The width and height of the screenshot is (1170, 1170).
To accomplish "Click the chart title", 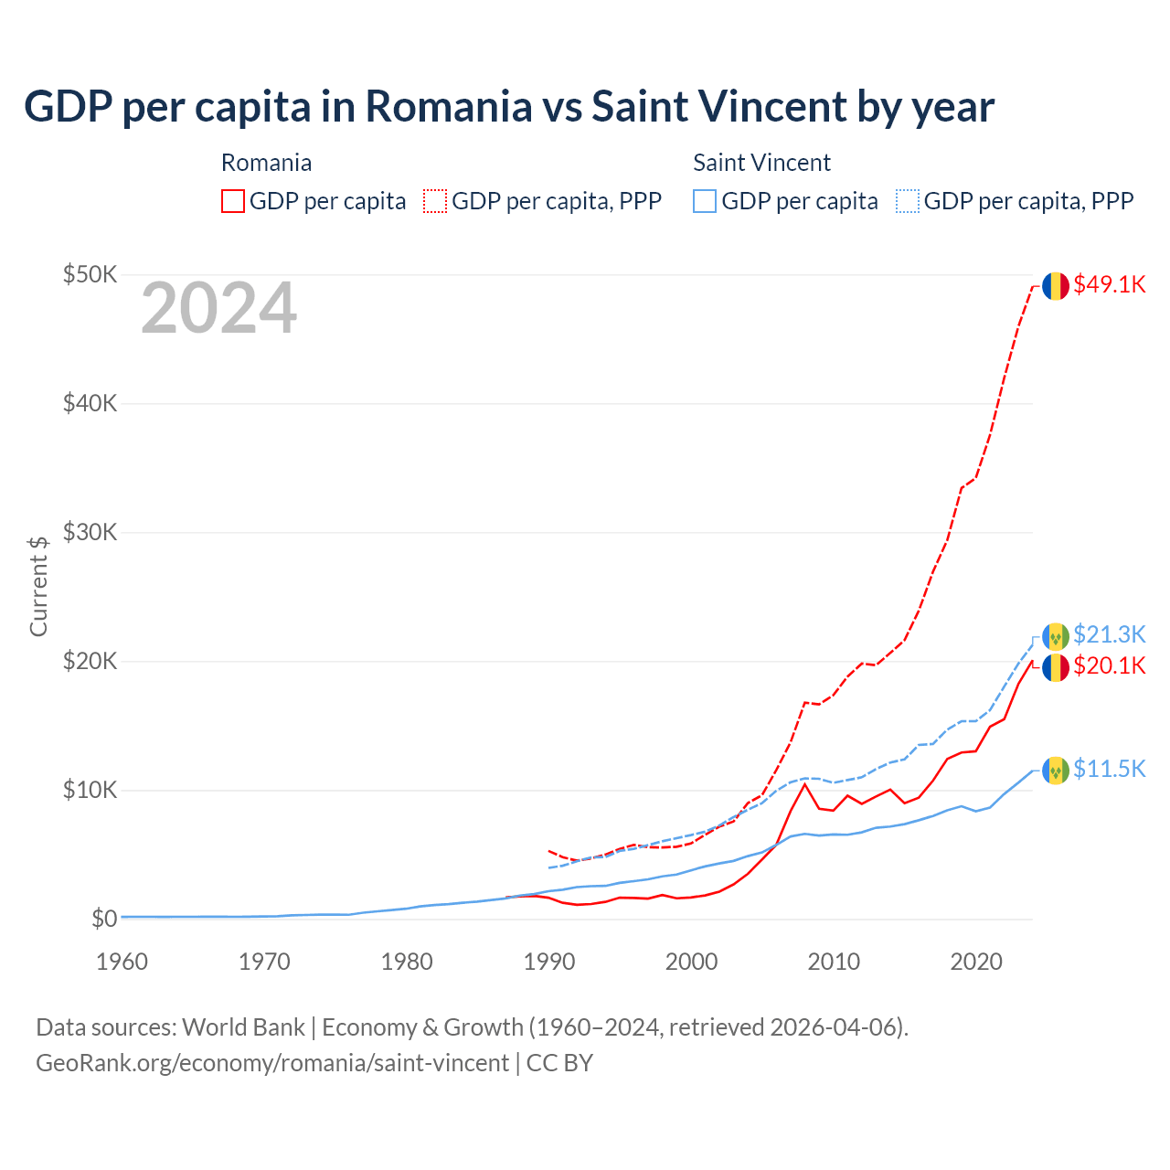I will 509,106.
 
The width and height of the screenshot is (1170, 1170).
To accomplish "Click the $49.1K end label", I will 1109,284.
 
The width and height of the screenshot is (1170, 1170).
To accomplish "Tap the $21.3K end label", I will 1109,634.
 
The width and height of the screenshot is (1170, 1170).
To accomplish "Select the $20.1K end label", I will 1109,665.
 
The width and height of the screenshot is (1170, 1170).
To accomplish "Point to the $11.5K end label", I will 1109,769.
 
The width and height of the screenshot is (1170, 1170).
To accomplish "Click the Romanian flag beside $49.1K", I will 1056,286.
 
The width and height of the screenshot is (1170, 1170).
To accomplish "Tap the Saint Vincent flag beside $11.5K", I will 1056,771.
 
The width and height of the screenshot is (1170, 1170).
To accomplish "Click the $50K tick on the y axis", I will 90,274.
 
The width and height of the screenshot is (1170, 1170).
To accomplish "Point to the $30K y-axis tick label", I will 90,532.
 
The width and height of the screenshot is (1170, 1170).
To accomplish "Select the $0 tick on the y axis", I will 104,919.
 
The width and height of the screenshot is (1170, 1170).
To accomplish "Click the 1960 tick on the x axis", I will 122,962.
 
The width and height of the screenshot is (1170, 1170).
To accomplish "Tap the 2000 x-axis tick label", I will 691,962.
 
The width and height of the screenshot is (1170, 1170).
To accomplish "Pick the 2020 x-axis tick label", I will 976,962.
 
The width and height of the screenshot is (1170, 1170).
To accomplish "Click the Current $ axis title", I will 38,586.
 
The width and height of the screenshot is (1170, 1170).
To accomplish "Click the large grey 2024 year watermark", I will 218,309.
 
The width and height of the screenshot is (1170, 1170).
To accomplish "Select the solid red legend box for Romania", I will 233,201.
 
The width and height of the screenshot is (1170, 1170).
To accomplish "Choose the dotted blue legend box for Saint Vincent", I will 908,201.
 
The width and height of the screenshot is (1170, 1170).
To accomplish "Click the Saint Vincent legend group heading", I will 761,163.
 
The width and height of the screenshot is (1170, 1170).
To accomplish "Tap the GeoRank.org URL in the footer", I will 272,1063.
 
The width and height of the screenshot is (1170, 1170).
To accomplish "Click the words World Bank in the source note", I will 243,1027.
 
